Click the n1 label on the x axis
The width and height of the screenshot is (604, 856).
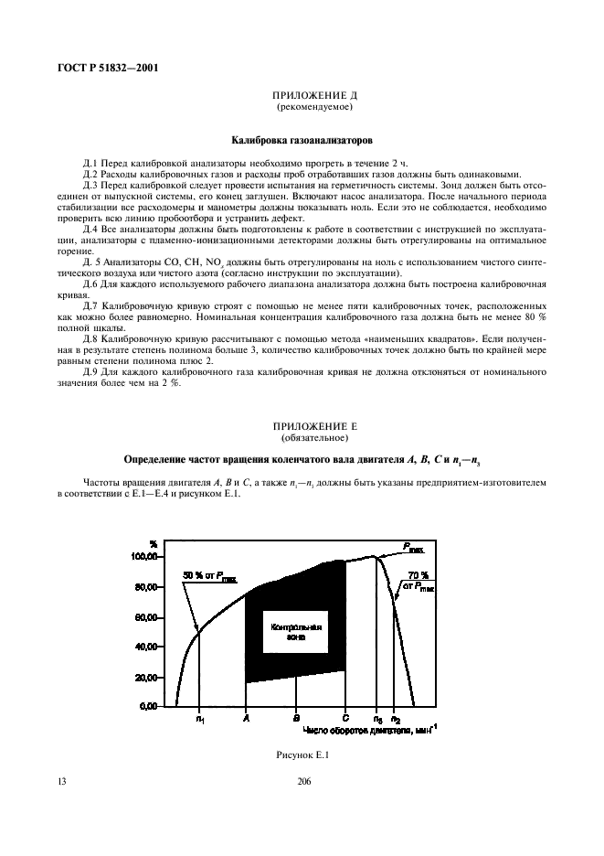[x=200, y=721]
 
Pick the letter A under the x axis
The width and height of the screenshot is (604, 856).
[x=246, y=721]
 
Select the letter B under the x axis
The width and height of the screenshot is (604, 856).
[x=296, y=721]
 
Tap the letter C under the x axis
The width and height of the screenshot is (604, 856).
[x=345, y=721]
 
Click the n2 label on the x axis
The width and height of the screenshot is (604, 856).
[x=395, y=721]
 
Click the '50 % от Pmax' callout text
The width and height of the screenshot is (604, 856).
[x=208, y=574]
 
